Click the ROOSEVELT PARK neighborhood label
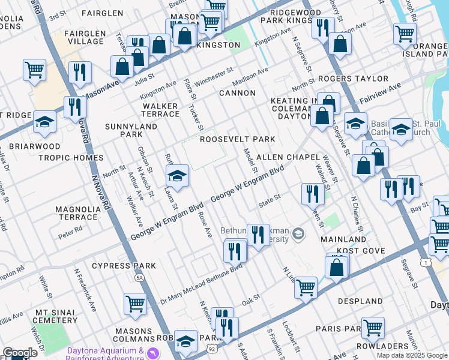[x=237, y=139]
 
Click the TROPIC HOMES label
[x=71, y=158]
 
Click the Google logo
[x=20, y=353]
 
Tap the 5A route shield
[x=139, y=278]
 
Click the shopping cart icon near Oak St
[x=306, y=288]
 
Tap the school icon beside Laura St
[x=176, y=176]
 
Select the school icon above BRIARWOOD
[x=44, y=122]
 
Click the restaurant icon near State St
[x=312, y=193]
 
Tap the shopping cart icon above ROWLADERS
[x=373, y=328]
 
